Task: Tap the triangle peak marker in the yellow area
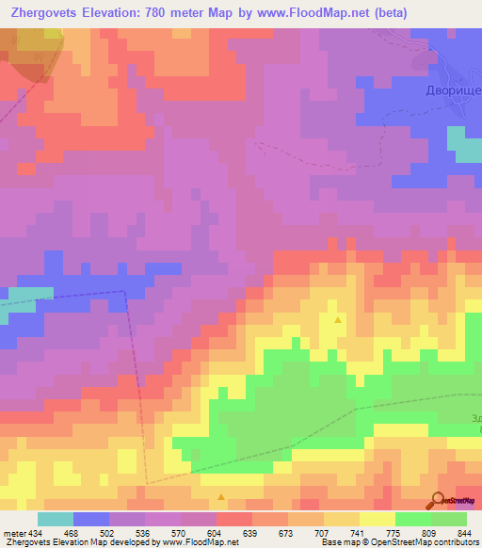coord(338,320)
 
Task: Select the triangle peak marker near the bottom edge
coord(221,496)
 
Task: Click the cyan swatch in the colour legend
coord(56,519)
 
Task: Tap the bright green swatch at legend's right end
coord(449,519)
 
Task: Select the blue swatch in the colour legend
coord(91,519)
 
